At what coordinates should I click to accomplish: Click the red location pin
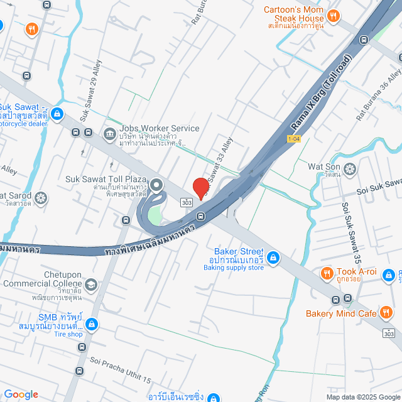(x=200, y=187)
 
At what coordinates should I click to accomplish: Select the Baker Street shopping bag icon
(x=273, y=257)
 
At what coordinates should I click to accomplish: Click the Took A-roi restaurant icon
(x=326, y=273)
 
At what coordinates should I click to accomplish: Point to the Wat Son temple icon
(x=350, y=168)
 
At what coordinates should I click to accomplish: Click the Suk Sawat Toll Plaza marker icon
(x=156, y=185)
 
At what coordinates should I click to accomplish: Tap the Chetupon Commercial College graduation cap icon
(x=92, y=285)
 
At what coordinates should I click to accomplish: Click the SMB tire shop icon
(x=92, y=324)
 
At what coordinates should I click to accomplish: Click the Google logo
(x=21, y=394)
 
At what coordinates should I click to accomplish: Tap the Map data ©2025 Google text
(x=362, y=397)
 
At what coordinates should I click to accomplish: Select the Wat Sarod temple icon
(x=41, y=198)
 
